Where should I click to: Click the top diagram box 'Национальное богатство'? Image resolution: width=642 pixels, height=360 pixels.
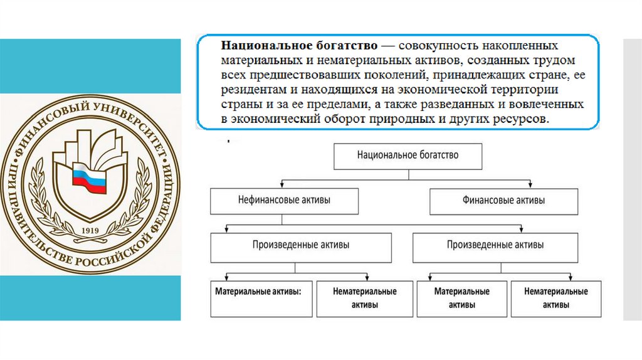pyautogui.click(x=408, y=156)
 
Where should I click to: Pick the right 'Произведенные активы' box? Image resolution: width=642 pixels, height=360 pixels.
pyautogui.click(x=495, y=246)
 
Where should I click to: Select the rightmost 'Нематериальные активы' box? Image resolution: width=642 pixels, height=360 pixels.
pyautogui.click(x=556, y=298)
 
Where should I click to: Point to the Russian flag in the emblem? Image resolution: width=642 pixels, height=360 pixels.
pyautogui.click(x=90, y=179)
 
